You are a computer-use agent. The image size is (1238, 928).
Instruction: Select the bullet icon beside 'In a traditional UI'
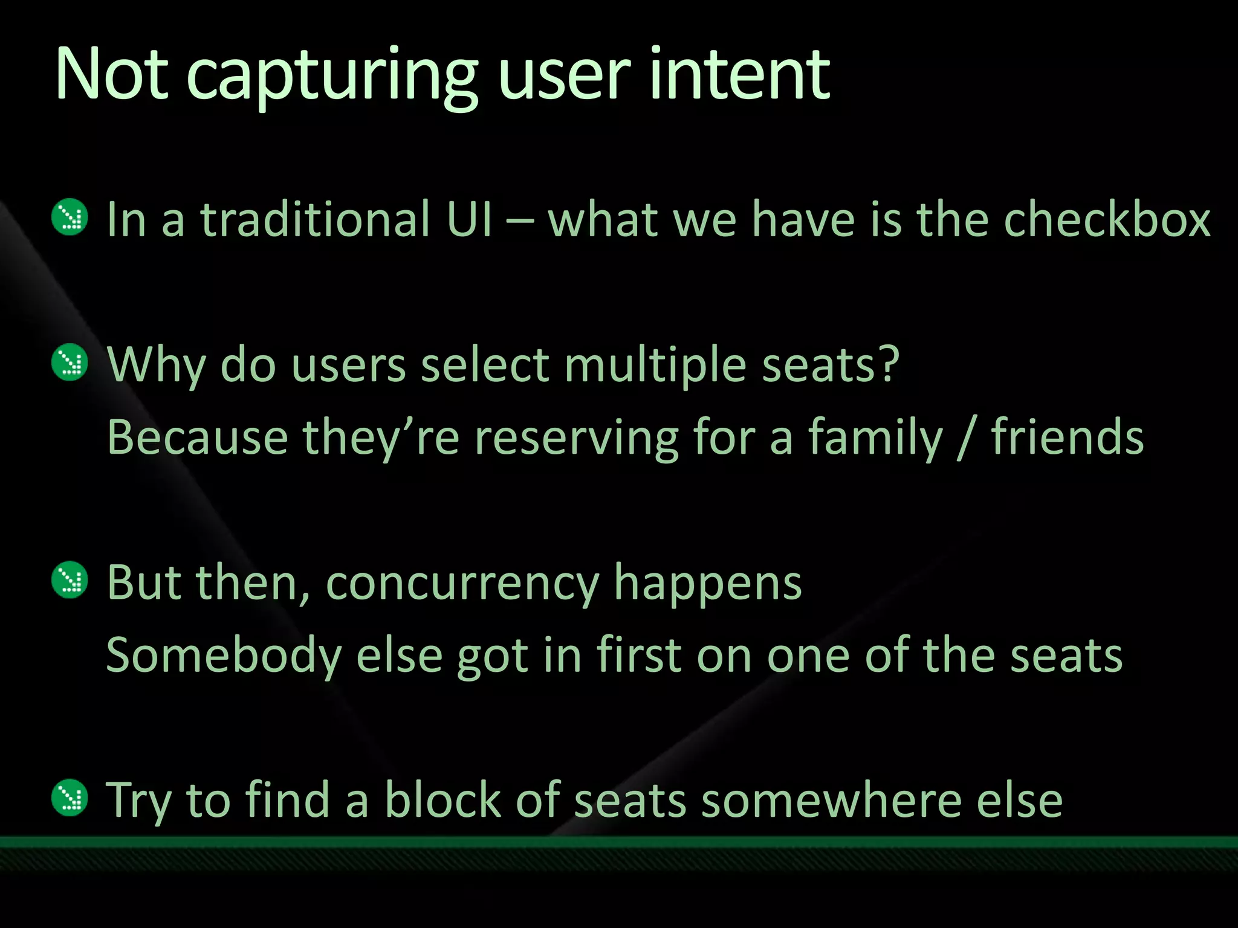(70, 217)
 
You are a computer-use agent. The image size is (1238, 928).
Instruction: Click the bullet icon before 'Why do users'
(70, 362)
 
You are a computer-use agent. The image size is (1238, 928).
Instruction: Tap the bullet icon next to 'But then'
(70, 580)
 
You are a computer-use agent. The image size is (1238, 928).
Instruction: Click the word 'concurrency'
(462, 583)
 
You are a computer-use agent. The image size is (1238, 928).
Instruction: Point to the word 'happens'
(708, 583)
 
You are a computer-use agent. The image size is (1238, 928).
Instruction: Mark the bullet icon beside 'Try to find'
(70, 797)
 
